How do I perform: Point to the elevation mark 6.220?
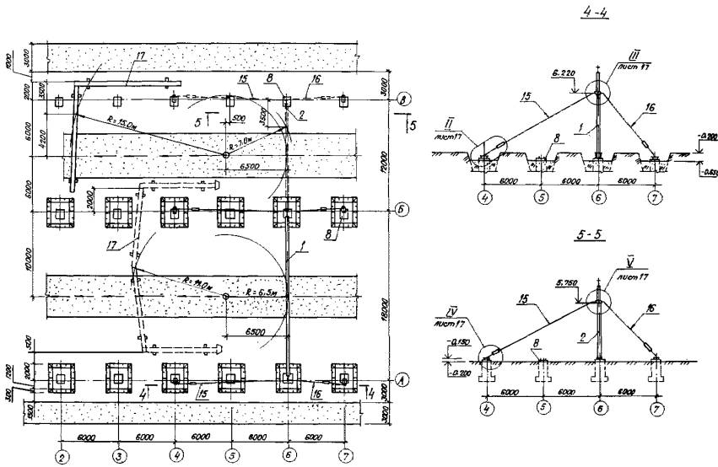(x=564, y=73)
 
